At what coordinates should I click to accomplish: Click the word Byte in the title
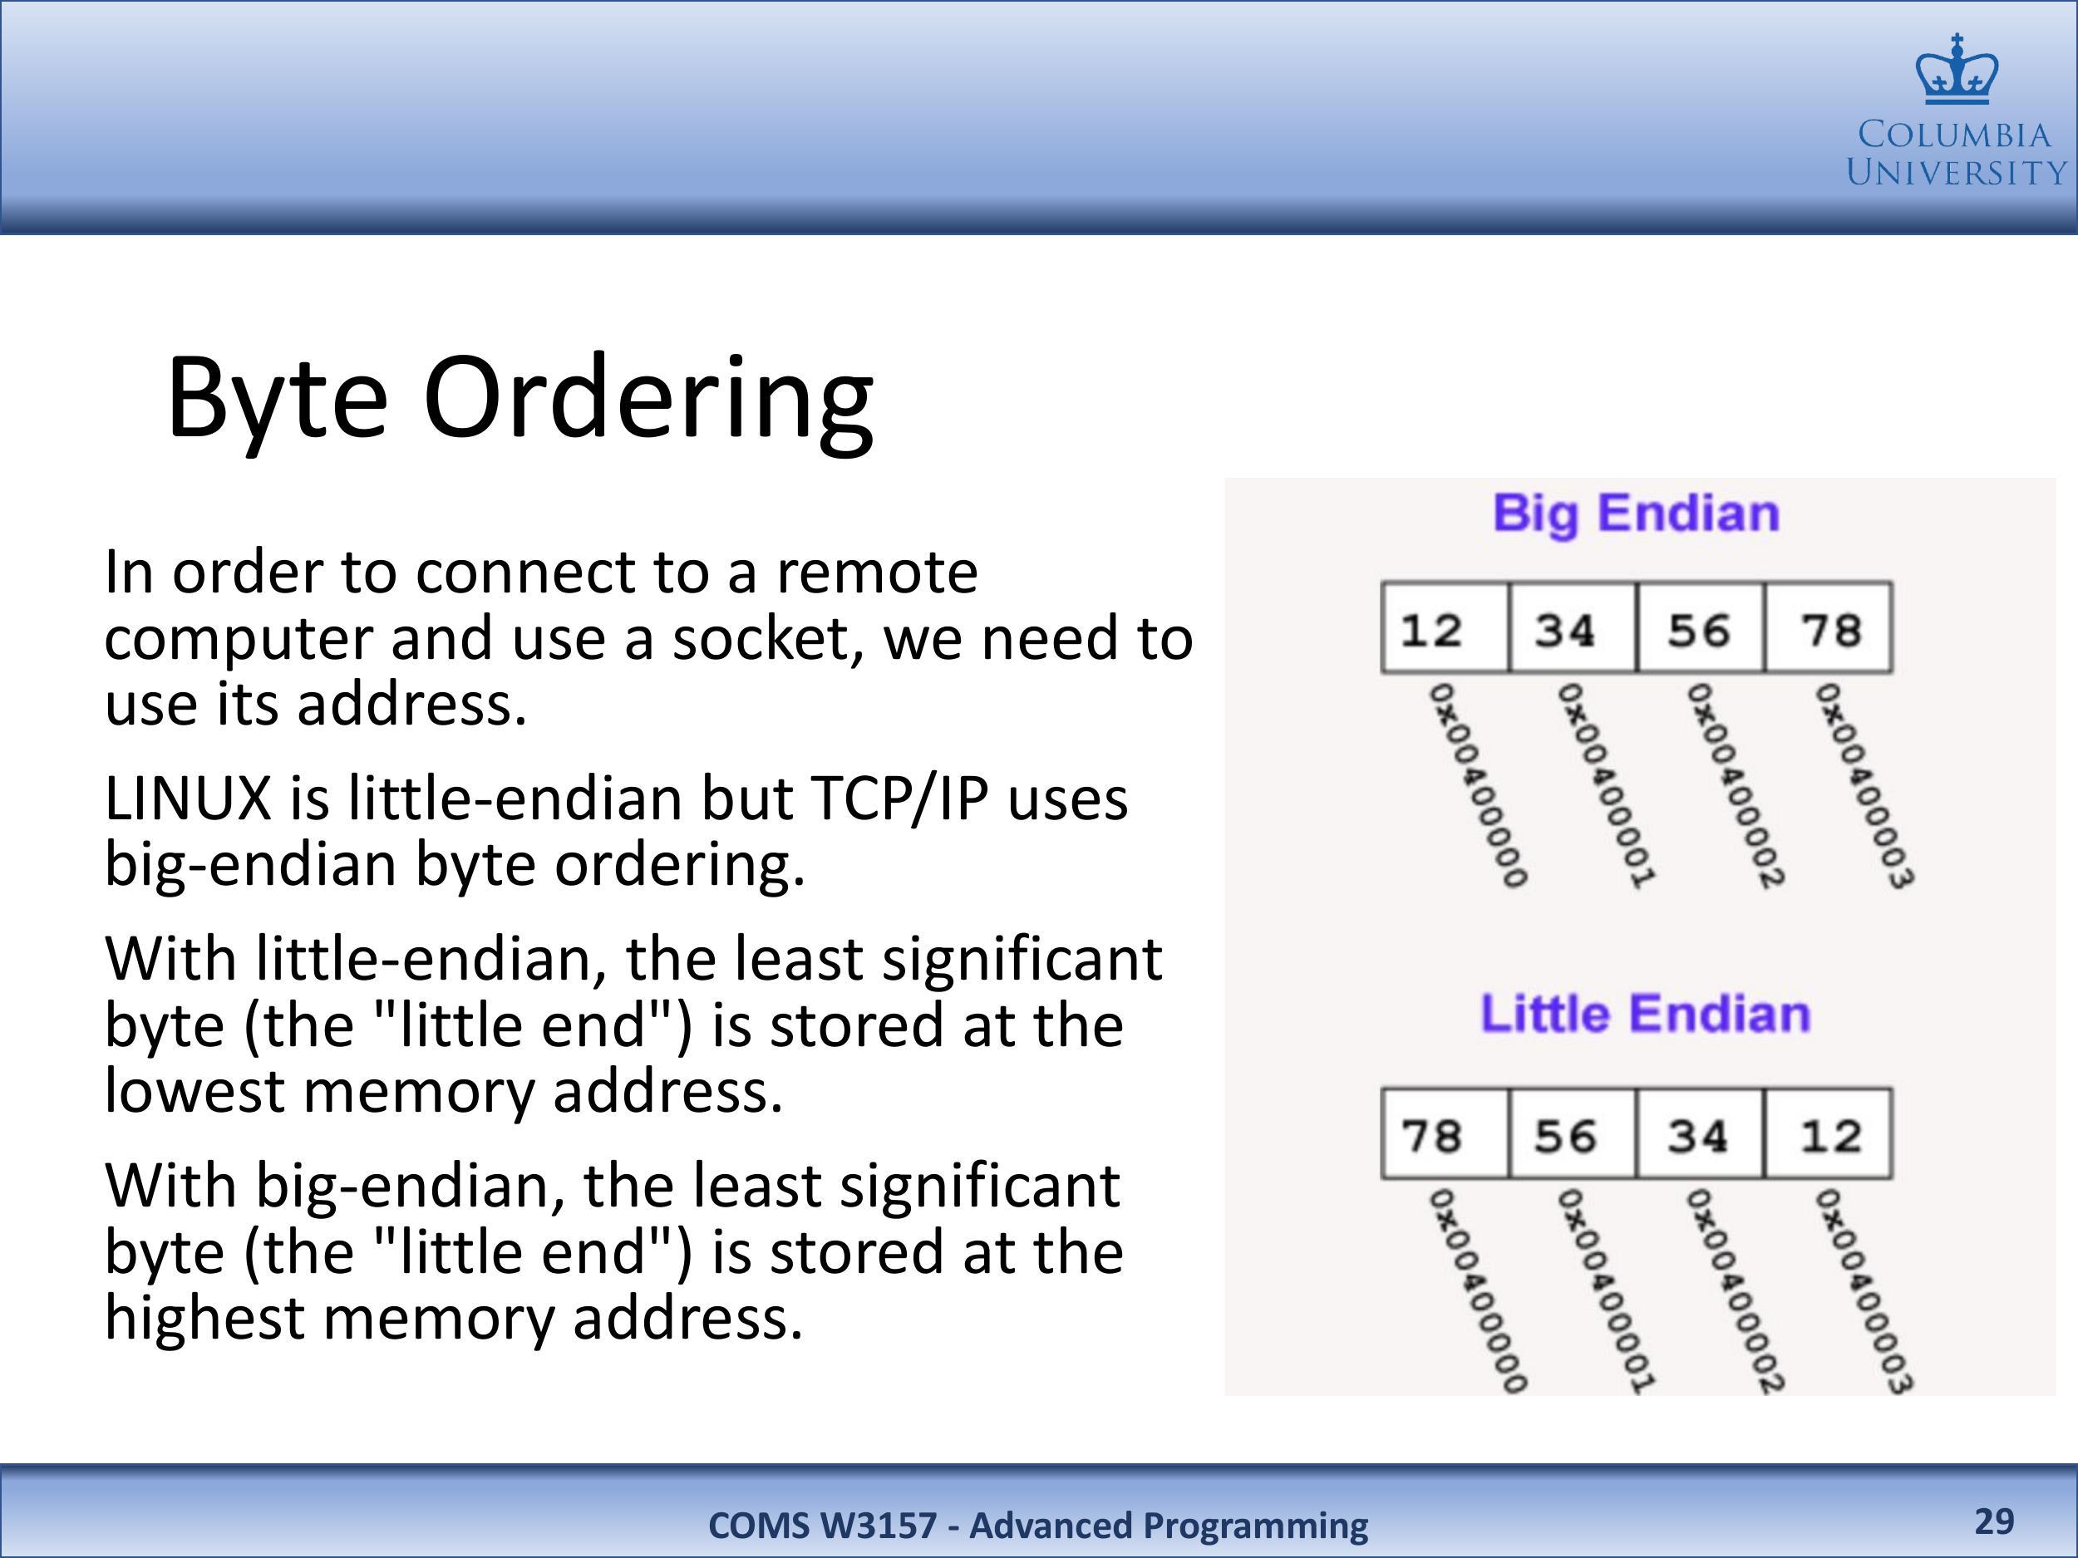click(x=277, y=396)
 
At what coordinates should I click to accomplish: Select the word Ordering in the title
click(x=648, y=402)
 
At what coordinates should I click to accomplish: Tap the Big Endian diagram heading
click(x=1637, y=514)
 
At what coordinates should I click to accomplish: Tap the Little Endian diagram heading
click(x=1645, y=1015)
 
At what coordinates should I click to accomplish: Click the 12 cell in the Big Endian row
click(x=1445, y=627)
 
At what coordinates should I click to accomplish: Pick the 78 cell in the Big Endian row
click(x=1828, y=627)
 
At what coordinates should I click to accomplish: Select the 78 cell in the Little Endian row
click(x=1445, y=1133)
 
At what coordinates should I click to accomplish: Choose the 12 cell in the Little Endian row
click(x=1828, y=1133)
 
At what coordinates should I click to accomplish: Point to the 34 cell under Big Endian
click(x=1573, y=627)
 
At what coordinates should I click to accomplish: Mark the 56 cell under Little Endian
click(x=1573, y=1133)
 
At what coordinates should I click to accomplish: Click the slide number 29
click(x=1994, y=1521)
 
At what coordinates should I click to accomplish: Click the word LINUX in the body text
click(x=188, y=799)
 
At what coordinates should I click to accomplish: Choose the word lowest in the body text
click(x=195, y=1092)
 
